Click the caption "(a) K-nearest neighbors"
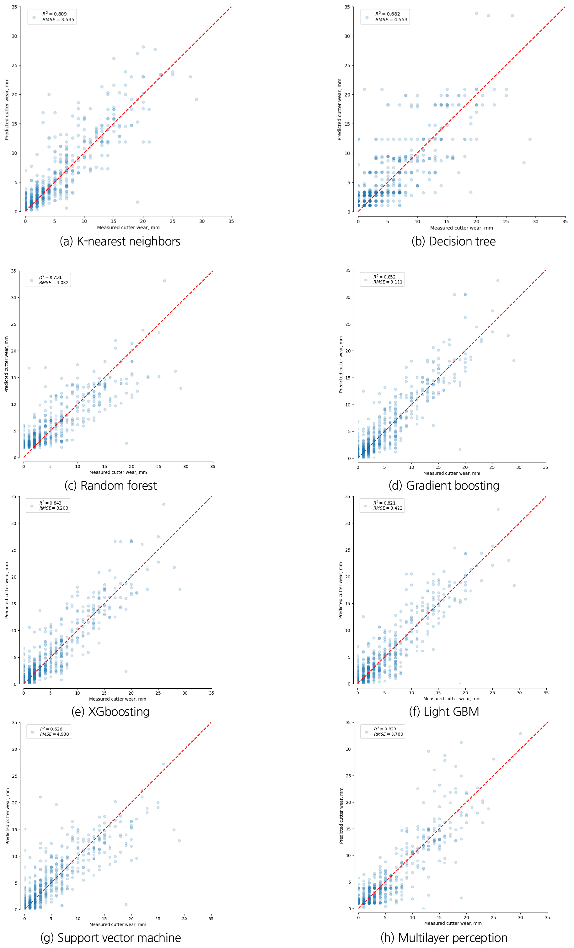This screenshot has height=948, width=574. pos(120,241)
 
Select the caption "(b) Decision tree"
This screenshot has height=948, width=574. pos(453,241)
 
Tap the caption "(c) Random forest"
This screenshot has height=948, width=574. pos(110,485)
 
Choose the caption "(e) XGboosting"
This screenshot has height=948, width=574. pos(110,711)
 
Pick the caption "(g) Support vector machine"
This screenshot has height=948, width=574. pos(110,938)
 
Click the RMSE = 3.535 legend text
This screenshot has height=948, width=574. pos(58,20)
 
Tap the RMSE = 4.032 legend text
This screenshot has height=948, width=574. pos(54,283)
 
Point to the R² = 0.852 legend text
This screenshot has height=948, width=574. pos(384,277)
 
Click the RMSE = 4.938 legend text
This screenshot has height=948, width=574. pos(54,734)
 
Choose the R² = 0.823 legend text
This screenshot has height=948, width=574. pos(385,729)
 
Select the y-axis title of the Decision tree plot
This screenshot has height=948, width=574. pos(339,109)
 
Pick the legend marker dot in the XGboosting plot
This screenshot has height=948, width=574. pos(32,506)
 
